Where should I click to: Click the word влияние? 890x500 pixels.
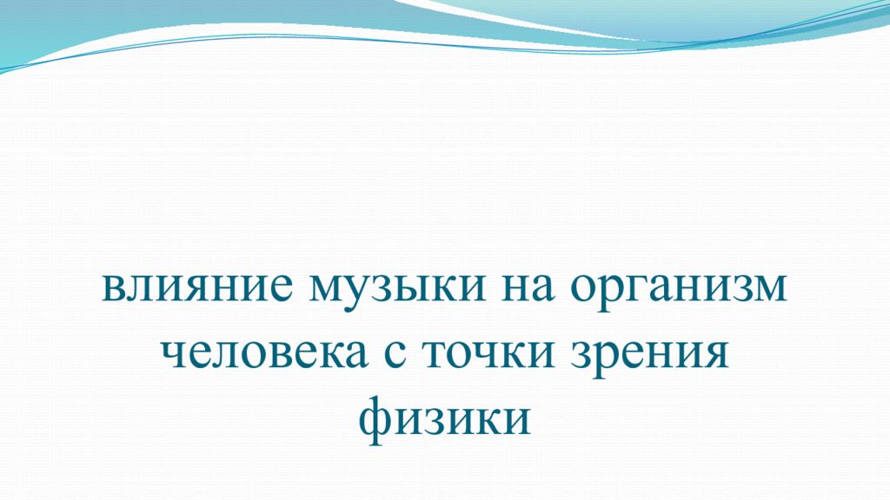coord(196,288)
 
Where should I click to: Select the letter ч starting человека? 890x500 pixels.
coord(174,356)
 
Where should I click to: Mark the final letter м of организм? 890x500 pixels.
coord(769,288)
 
